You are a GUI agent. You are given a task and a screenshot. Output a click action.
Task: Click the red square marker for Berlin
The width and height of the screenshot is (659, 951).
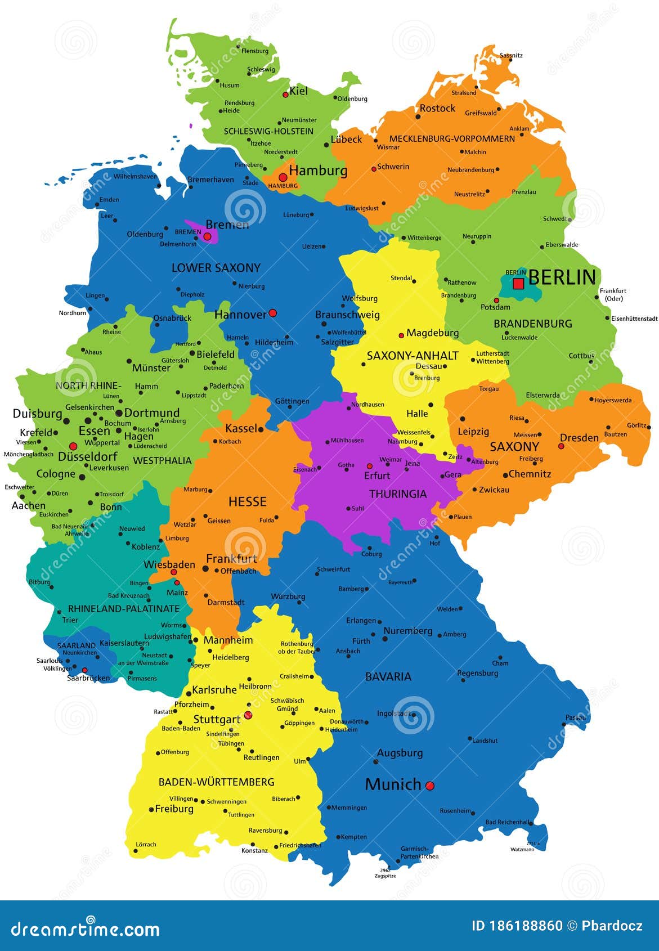(x=518, y=284)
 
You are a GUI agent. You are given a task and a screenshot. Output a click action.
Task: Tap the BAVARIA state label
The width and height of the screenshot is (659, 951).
(x=388, y=676)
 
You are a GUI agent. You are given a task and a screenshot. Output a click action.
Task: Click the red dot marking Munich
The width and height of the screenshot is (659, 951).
(x=430, y=786)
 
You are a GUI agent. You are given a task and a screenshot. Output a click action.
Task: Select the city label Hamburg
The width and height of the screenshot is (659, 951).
(x=318, y=170)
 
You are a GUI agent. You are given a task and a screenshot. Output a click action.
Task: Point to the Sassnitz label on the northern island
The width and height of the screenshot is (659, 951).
(x=511, y=55)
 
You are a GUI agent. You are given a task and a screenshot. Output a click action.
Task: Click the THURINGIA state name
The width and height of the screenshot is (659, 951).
(x=398, y=494)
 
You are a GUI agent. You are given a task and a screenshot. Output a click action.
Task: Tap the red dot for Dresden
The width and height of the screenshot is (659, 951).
(x=561, y=446)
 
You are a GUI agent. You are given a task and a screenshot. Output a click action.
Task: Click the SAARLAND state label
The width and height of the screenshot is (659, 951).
(x=77, y=645)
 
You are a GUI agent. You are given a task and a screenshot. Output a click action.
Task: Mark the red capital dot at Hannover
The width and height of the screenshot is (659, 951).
(x=273, y=312)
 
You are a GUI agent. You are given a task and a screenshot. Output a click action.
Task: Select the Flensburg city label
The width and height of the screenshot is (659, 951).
(x=255, y=51)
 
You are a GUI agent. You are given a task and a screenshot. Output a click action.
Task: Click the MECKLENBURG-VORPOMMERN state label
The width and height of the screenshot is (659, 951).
(x=452, y=138)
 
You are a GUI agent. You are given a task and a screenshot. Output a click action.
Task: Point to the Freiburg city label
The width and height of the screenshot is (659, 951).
(x=174, y=809)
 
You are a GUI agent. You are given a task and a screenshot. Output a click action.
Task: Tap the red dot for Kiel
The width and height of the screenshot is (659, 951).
(x=285, y=95)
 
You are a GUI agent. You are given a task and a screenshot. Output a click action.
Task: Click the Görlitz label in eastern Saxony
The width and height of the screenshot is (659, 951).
(x=637, y=425)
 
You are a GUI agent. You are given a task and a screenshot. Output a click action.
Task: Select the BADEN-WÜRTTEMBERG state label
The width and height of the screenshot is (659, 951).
(x=216, y=782)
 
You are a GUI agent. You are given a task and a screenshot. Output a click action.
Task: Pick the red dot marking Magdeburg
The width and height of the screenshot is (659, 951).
(x=401, y=335)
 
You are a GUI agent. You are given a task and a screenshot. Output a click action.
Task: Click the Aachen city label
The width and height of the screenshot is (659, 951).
(x=29, y=505)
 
